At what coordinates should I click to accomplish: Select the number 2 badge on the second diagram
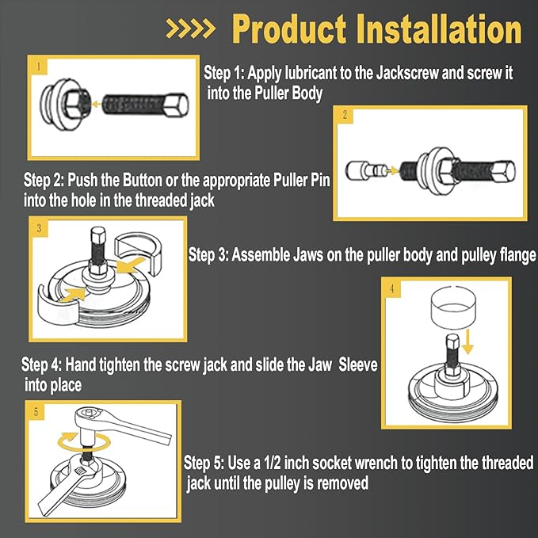[345, 116]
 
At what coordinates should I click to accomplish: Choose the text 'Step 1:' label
[224, 73]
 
